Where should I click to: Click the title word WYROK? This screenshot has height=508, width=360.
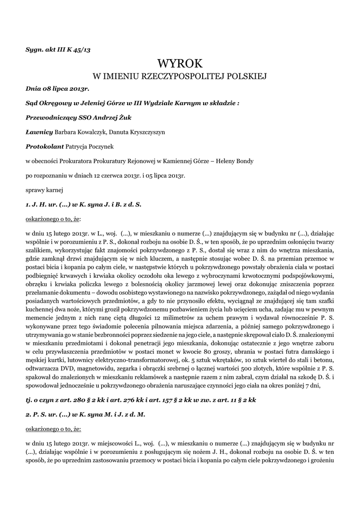pos(180,63)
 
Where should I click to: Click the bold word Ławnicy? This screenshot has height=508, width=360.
pos(39,132)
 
